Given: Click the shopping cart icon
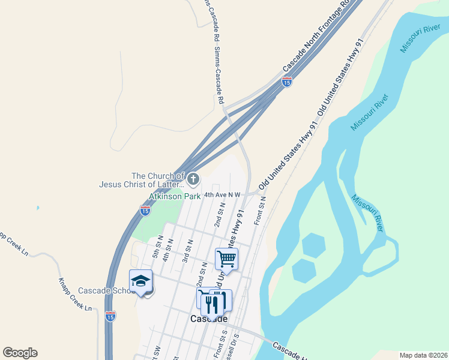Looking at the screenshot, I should [227, 259].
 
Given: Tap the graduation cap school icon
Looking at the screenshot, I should [140, 281].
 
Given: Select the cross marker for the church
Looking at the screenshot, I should [193, 178].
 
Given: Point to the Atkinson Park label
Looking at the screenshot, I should [175, 196].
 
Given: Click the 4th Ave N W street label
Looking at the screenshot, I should [222, 194].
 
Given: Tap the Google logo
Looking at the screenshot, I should [20, 353].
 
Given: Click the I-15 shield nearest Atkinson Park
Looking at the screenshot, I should [145, 210].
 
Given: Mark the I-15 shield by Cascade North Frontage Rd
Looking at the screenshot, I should [287, 82].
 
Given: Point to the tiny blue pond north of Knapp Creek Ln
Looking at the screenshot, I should [37, 208].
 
